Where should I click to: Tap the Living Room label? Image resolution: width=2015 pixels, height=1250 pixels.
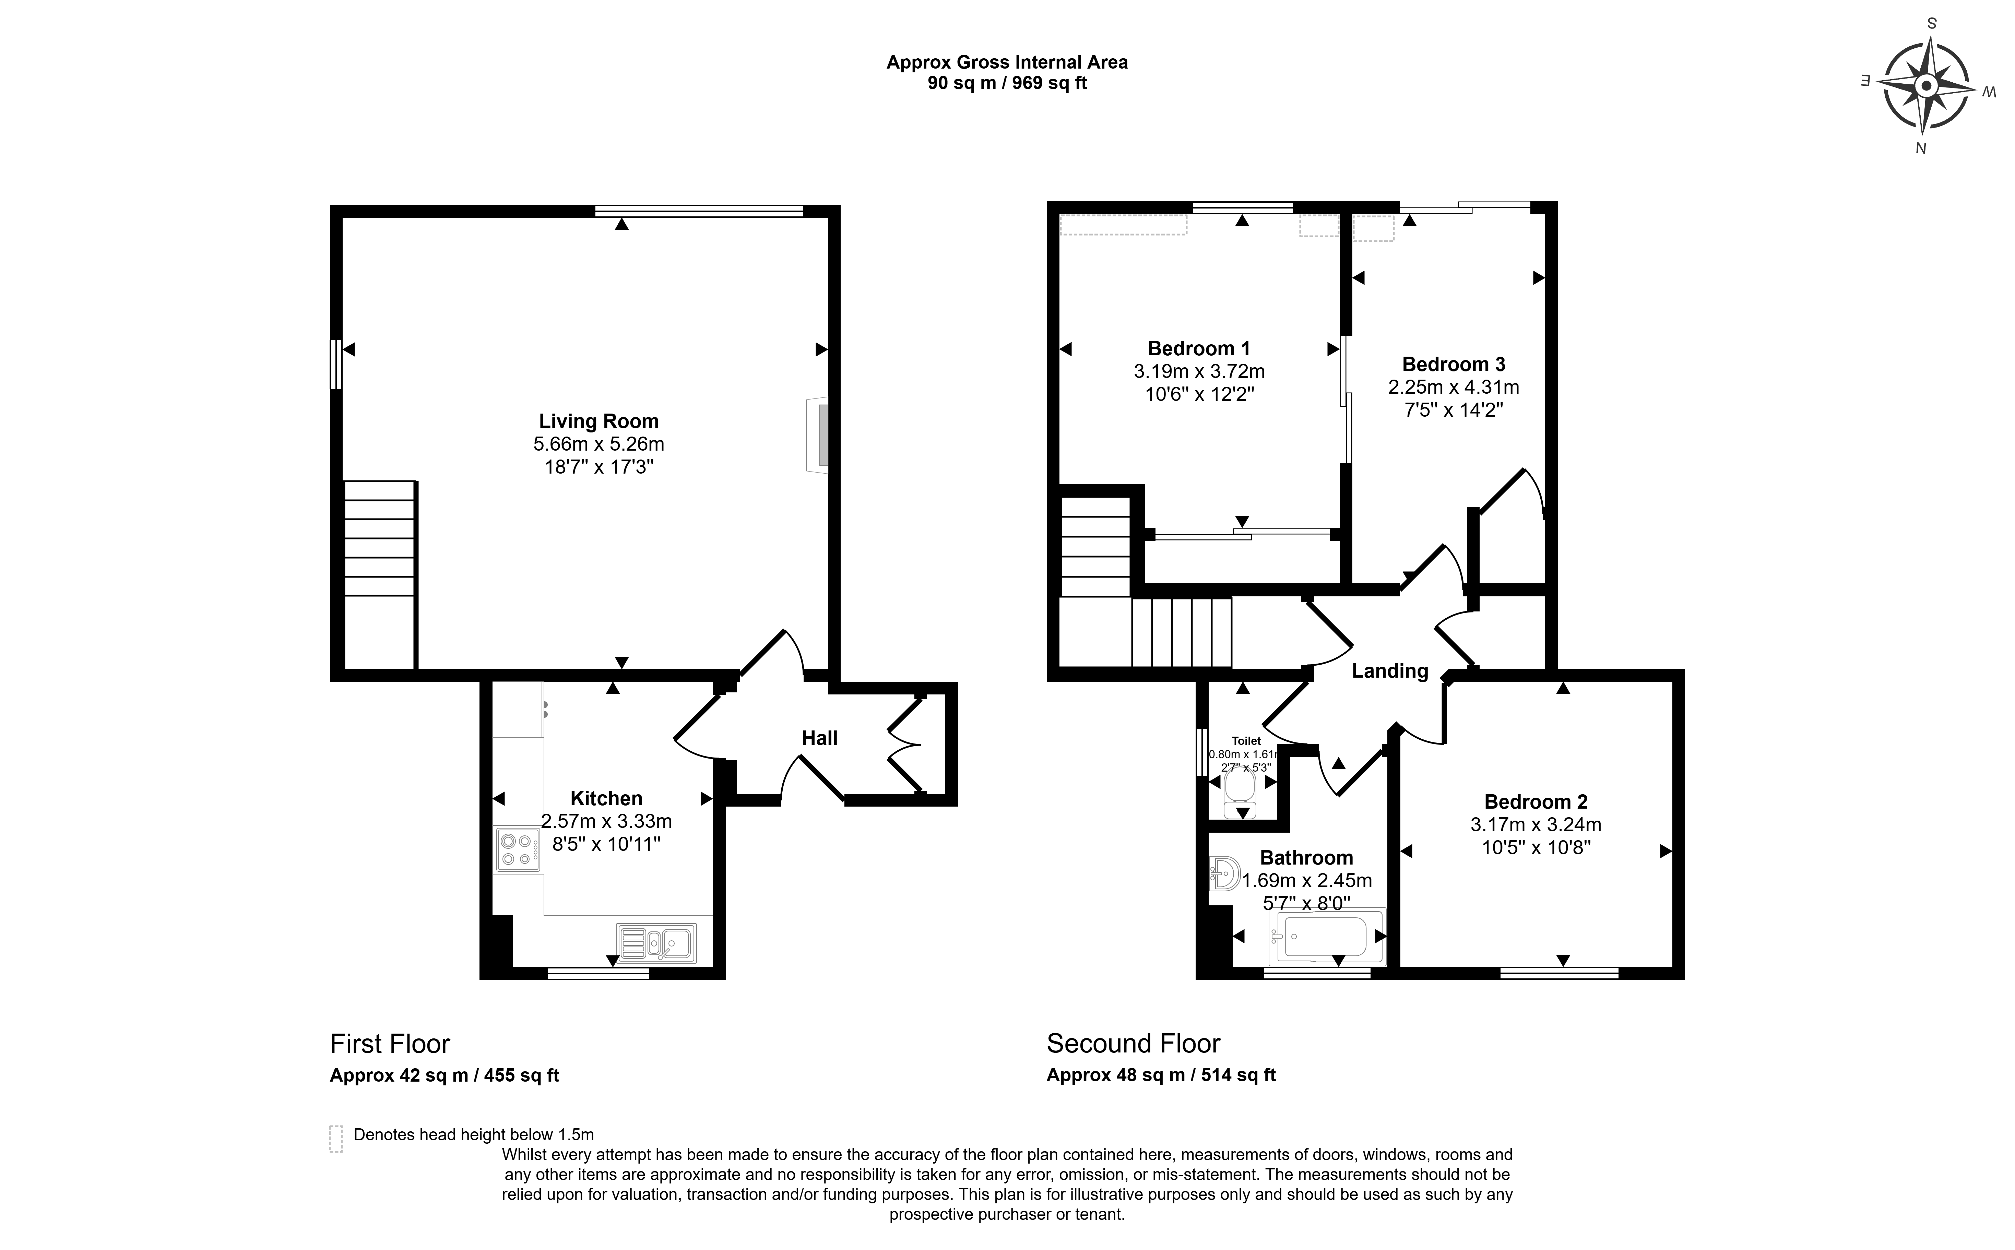pos(598,421)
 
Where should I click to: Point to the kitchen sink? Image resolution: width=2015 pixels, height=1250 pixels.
pos(656,942)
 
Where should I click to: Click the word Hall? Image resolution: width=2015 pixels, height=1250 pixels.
pos(819,738)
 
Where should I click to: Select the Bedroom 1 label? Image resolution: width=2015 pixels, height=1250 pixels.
pos(1199,349)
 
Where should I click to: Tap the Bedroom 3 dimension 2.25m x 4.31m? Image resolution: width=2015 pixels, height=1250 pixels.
pos(1454,387)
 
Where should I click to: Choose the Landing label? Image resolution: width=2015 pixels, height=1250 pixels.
pos(1390,671)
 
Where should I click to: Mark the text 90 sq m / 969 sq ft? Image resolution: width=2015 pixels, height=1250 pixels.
pos(1007,83)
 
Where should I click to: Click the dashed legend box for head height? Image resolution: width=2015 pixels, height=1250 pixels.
pos(336,1139)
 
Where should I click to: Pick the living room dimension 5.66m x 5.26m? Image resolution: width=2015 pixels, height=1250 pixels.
pos(598,444)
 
